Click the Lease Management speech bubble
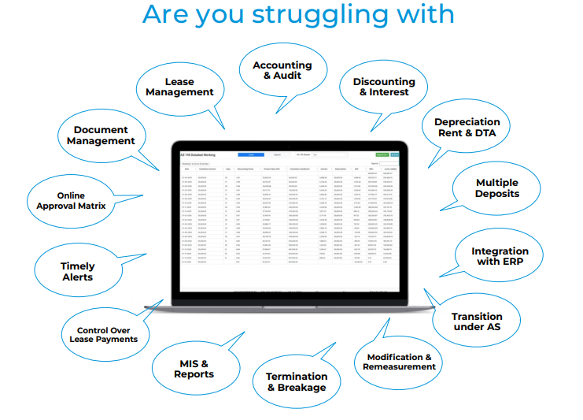tap(179, 87)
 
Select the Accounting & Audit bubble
tap(282, 70)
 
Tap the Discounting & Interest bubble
tap(384, 87)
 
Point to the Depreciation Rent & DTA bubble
tap(467, 128)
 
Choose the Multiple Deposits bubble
tap(496, 188)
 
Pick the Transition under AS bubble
tap(476, 322)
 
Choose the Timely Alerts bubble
tap(77, 272)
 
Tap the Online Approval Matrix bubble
tap(71, 201)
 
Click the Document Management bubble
tap(101, 136)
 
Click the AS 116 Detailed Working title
tap(197, 154)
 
